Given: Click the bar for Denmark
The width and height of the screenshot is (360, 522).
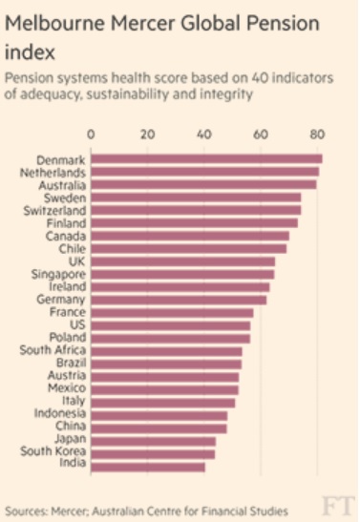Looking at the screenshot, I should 206,158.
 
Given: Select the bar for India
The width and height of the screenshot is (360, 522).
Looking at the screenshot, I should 148,467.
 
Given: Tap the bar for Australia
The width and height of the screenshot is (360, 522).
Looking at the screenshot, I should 203,184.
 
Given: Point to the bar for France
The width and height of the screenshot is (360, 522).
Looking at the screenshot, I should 172,312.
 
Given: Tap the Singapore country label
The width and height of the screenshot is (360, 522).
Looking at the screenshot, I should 59,274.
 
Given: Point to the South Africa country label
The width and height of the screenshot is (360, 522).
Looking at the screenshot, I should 53,350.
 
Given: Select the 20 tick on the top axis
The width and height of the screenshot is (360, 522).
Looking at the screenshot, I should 147,135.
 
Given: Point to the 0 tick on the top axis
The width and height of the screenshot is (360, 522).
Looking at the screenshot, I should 91,135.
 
